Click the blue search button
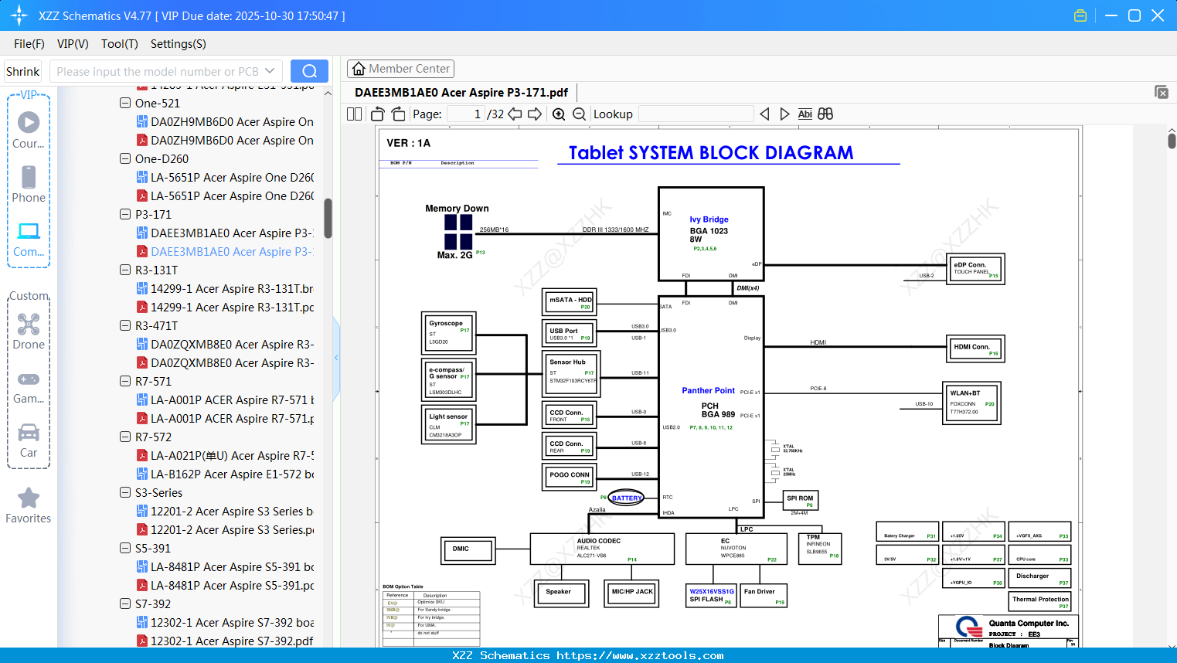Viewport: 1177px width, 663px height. pyautogui.click(x=309, y=71)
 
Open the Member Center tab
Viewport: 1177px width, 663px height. pyautogui.click(x=400, y=69)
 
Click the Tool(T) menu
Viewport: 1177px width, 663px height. pyautogui.click(x=119, y=44)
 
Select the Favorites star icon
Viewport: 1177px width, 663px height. pyautogui.click(x=29, y=498)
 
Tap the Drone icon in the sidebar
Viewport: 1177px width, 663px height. pyautogui.click(x=29, y=325)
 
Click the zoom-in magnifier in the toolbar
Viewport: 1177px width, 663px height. pyautogui.click(x=559, y=114)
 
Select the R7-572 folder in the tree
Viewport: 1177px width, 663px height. pyautogui.click(x=153, y=437)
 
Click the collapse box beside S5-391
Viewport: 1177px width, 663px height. pyautogui.click(x=125, y=548)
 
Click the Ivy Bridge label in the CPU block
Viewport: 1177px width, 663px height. pyautogui.click(x=709, y=219)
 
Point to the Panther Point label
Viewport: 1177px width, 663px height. pyautogui.click(x=708, y=391)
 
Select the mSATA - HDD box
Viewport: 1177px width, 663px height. pyautogui.click(x=570, y=301)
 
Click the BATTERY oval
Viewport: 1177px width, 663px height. pyautogui.click(x=626, y=498)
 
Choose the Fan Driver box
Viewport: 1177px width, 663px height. pyautogui.click(x=763, y=595)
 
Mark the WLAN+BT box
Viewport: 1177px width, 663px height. pyautogui.click(x=971, y=403)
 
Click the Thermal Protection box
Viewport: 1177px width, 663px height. pyautogui.click(x=1040, y=601)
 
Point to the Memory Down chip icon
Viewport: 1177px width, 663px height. pyautogui.click(x=458, y=231)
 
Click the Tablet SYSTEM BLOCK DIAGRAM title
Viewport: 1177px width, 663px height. pyautogui.click(x=711, y=153)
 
